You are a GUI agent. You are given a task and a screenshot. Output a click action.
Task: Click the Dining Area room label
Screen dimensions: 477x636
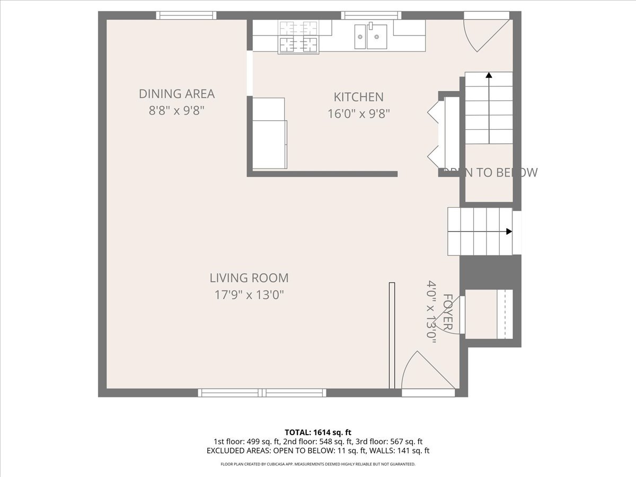(x=176, y=94)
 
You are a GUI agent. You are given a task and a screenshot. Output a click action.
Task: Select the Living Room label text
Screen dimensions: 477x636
(x=249, y=278)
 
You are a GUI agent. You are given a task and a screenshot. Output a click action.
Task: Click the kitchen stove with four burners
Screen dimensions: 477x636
(x=299, y=37)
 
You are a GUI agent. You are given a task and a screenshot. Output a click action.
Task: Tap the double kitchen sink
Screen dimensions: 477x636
(x=369, y=37)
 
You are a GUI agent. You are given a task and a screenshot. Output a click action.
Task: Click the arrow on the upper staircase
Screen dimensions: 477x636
(x=488, y=76)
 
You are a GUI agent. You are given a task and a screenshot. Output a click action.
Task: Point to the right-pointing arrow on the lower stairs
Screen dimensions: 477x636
(x=509, y=232)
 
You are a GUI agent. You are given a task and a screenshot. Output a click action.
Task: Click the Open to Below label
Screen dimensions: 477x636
(x=490, y=172)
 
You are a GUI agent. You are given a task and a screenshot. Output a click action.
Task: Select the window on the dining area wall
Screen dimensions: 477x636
(x=186, y=15)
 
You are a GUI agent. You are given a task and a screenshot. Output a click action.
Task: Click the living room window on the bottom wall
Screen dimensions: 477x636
(x=262, y=393)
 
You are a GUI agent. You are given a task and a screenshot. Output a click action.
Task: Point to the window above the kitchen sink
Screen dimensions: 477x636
(x=371, y=15)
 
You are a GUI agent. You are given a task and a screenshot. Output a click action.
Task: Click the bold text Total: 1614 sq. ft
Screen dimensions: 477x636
(x=318, y=432)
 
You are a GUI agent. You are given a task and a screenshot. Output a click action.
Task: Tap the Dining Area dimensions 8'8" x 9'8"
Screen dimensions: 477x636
(x=176, y=111)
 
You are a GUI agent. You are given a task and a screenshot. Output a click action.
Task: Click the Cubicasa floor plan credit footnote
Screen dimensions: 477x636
(x=318, y=464)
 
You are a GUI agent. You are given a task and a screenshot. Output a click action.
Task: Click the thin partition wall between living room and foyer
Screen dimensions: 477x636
(x=392, y=337)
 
